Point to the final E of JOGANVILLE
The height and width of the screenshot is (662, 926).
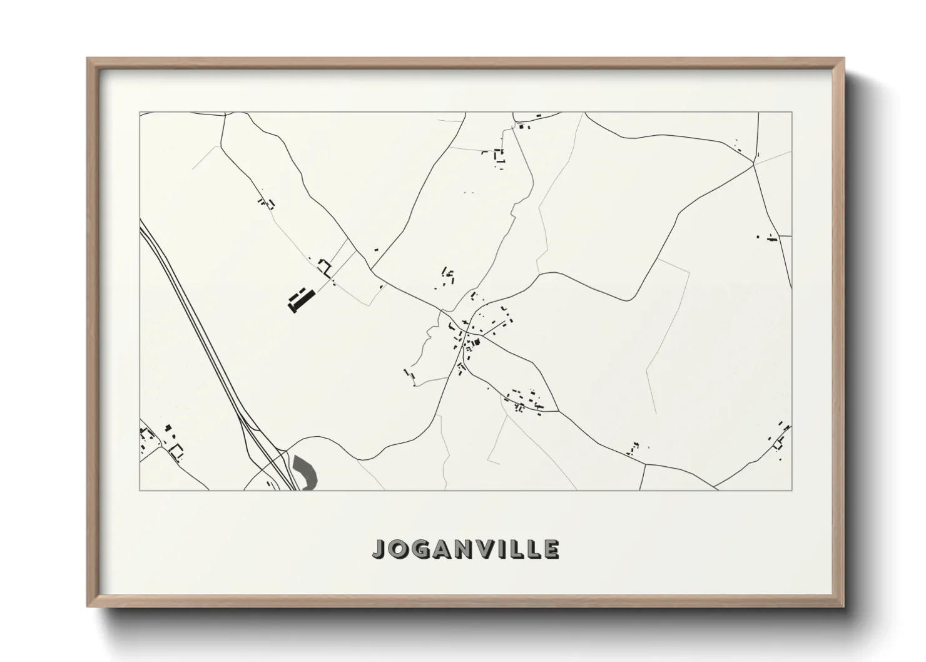pyautogui.click(x=551, y=549)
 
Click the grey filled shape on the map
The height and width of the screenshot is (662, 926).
pyautogui.click(x=305, y=471)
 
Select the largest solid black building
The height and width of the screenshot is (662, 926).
pyautogui.click(x=300, y=298)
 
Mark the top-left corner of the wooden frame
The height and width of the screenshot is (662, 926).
pyautogui.click(x=88, y=59)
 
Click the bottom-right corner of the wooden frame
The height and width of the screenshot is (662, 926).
pyautogui.click(x=843, y=606)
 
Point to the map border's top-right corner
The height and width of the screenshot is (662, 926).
pyautogui.click(x=792, y=113)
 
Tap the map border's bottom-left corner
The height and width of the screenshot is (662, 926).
pyautogui.click(x=140, y=490)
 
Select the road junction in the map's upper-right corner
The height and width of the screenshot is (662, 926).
pyautogui.click(x=754, y=164)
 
